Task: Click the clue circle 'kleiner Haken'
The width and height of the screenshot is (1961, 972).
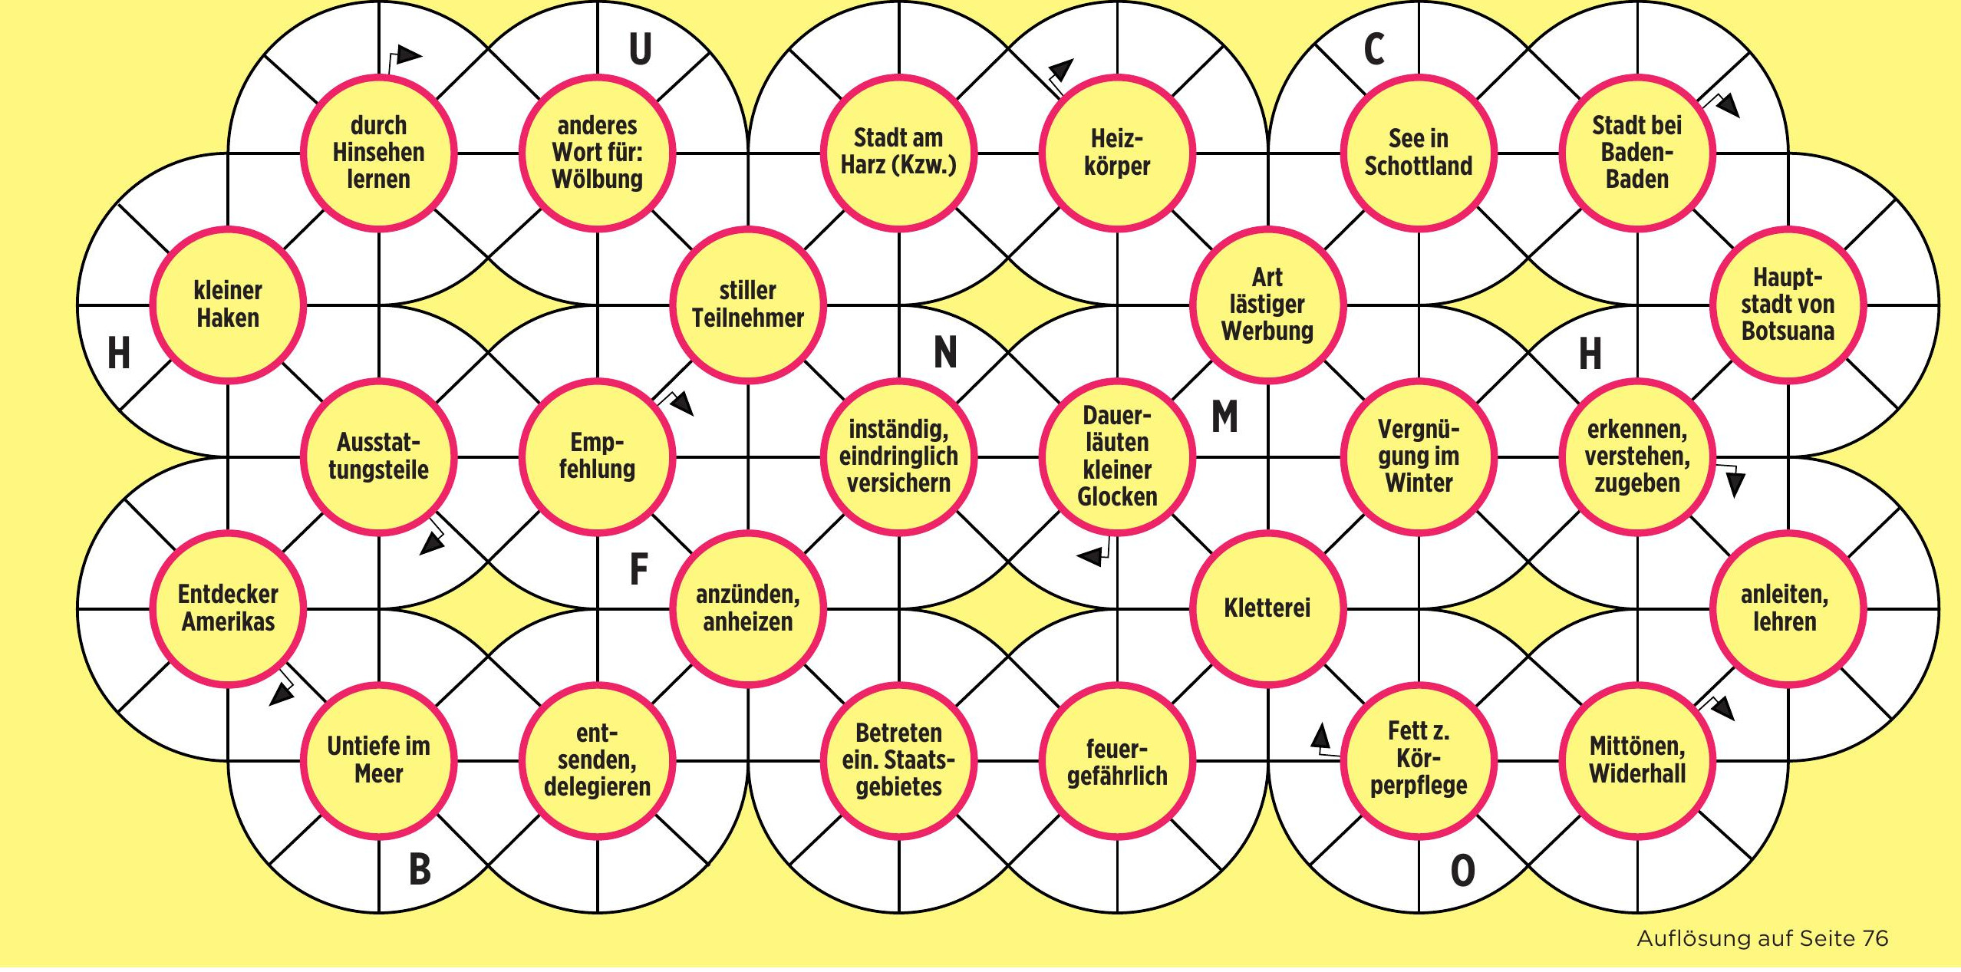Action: (x=228, y=305)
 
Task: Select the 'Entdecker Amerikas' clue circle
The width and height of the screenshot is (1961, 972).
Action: (x=228, y=608)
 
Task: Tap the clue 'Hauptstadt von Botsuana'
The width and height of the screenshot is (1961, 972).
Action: (x=1788, y=305)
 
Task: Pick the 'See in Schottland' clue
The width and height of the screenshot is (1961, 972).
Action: (x=1419, y=153)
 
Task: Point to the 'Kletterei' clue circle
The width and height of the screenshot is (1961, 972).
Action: (x=1267, y=608)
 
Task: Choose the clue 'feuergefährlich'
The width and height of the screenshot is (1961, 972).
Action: (x=1117, y=760)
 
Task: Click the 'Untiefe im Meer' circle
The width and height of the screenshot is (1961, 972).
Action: (x=378, y=760)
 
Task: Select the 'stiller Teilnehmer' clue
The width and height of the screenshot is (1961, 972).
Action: (x=748, y=305)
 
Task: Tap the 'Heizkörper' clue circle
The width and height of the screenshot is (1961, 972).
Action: (x=1117, y=153)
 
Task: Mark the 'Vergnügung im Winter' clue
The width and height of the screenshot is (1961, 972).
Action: (x=1419, y=456)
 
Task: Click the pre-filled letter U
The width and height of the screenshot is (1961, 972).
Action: (x=641, y=49)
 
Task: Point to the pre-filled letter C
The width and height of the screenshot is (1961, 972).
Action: (x=1374, y=49)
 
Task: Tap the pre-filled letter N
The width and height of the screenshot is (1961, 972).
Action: (x=945, y=353)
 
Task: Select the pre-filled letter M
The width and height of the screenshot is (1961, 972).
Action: (x=1224, y=417)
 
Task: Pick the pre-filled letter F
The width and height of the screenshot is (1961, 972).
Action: (x=638, y=570)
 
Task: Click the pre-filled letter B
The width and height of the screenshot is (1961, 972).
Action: (x=420, y=870)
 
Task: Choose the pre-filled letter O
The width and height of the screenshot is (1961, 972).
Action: (x=1462, y=871)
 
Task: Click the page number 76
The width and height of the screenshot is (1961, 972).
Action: (x=1875, y=938)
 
